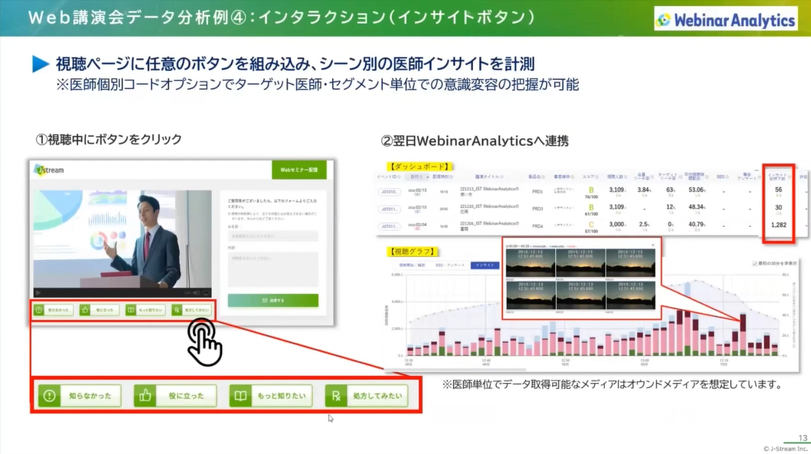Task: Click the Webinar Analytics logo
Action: coord(726,20)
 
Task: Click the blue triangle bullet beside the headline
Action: coord(40,64)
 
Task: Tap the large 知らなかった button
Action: coord(80,396)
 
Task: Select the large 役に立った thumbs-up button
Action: coord(175,396)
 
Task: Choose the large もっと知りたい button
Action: coord(271,396)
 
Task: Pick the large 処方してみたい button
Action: coord(366,396)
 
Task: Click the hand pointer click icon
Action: coord(204,342)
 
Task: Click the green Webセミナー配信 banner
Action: coord(299,170)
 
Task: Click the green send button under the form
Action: coord(273,301)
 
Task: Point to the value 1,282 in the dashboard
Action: coord(778,225)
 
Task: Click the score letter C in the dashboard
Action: coord(591,225)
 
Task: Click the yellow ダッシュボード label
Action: coord(420,166)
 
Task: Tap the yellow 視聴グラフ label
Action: coord(412,251)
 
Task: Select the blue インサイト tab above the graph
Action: coord(485,265)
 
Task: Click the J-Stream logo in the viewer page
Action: coord(49,170)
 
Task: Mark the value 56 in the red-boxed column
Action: coord(778,190)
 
